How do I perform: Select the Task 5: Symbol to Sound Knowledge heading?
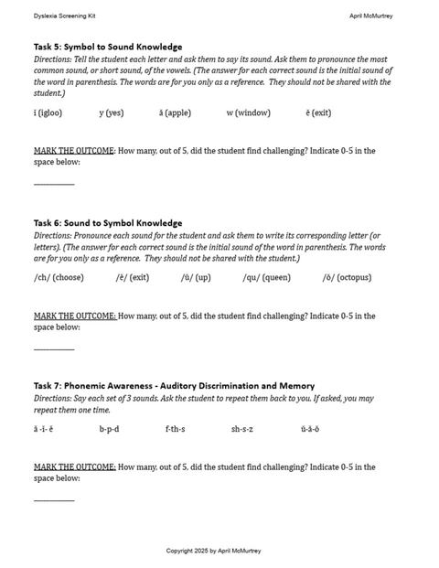coord(108,47)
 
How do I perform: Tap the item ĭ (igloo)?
coord(48,113)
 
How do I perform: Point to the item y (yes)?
coord(112,113)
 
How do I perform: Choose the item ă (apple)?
coord(175,113)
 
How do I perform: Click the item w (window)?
coord(249,113)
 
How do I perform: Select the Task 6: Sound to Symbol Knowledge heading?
coord(108,223)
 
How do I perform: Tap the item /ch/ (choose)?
coord(59,277)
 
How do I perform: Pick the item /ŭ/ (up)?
coord(196,277)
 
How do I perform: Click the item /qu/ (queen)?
coord(266,277)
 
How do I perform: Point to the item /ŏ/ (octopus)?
coord(347,277)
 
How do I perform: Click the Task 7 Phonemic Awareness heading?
coord(174,386)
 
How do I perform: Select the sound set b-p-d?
coord(109,429)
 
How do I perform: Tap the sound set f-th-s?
coord(175,429)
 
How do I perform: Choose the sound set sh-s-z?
coord(242,429)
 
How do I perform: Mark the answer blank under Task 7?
coord(54,498)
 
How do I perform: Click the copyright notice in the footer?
coord(213,551)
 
